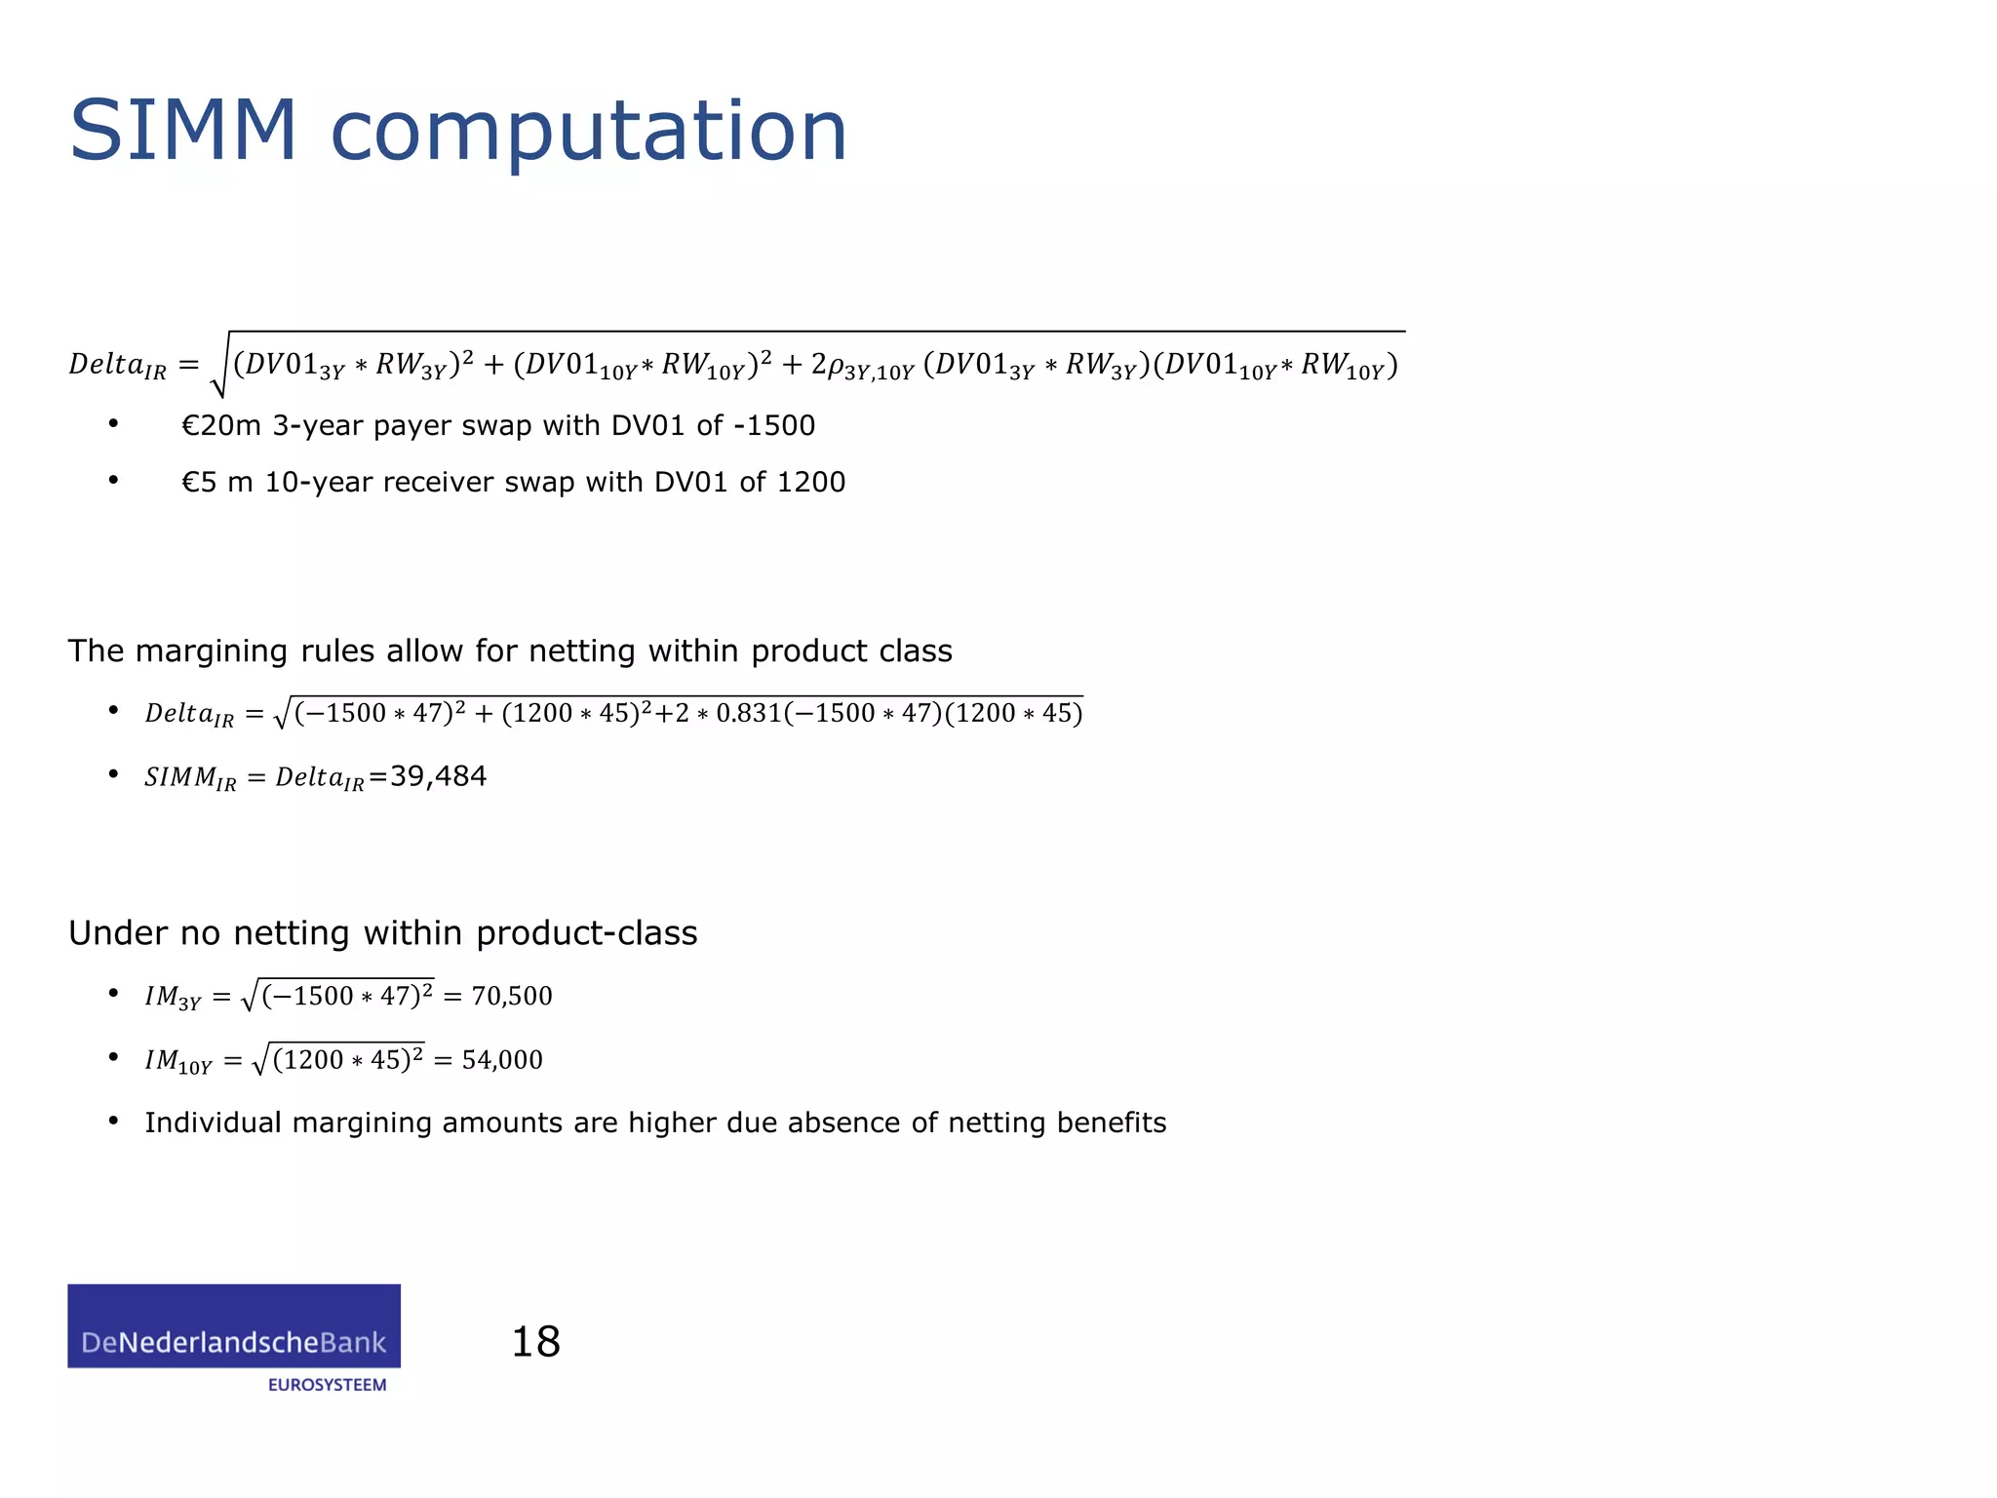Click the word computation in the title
[589, 133]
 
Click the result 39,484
[438, 776]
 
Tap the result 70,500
[512, 996]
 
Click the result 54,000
[502, 1059]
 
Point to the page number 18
[535, 1342]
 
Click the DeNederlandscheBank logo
[234, 1326]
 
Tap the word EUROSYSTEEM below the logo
[327, 1385]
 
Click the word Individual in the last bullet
[214, 1123]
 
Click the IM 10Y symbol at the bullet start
[178, 1061]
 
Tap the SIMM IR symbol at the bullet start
[190, 778]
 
